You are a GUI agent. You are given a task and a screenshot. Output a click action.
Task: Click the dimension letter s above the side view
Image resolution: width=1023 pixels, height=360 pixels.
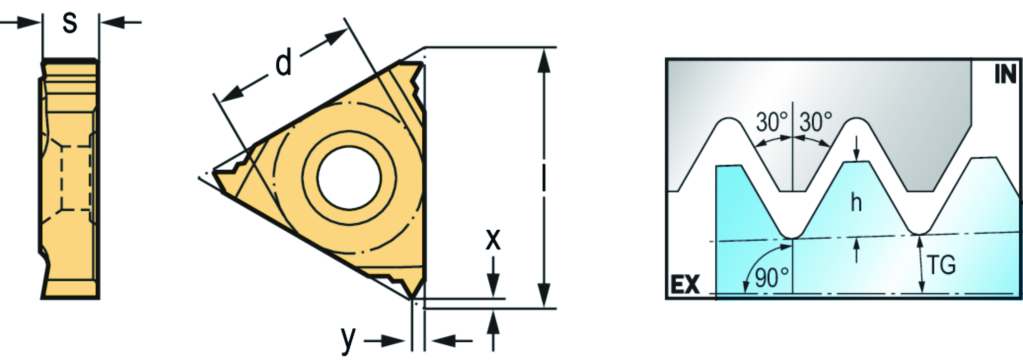[x=70, y=23]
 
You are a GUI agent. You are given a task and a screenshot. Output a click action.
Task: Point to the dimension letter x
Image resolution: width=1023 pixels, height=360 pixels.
[x=493, y=240]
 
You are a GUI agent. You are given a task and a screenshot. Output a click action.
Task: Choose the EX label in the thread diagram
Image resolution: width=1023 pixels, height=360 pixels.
[x=684, y=285]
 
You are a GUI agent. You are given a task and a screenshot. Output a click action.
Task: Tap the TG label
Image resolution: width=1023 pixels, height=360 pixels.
[x=941, y=265]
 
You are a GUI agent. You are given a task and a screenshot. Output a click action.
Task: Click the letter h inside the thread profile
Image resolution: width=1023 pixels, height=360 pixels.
[x=857, y=203]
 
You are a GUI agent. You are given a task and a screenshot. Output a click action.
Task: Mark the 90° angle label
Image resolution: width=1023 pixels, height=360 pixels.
[x=772, y=278]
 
